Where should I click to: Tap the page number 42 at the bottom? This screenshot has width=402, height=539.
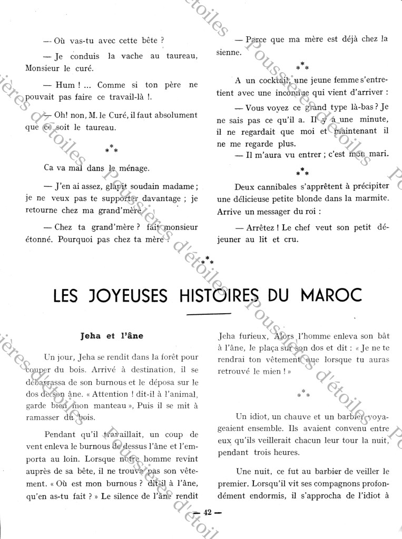click(x=208, y=513)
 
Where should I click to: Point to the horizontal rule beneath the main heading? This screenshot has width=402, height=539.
click(x=209, y=314)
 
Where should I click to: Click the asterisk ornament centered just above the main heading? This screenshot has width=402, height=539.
click(x=209, y=259)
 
